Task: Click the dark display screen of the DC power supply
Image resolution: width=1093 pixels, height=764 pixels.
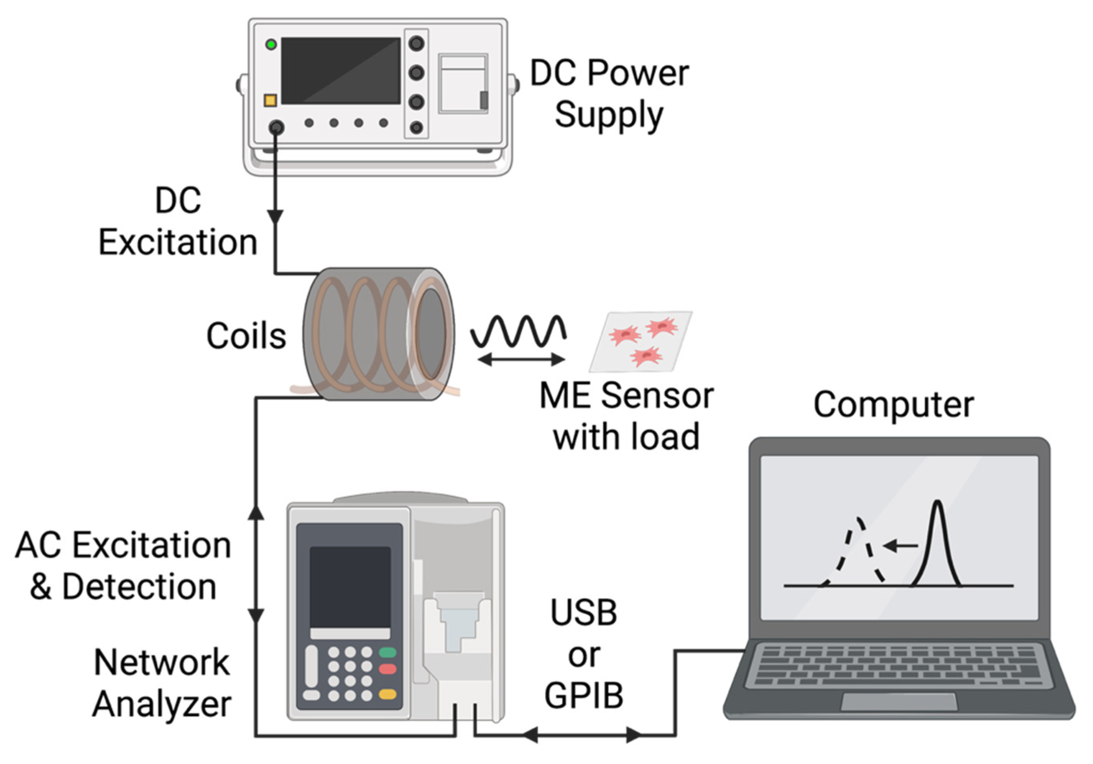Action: pos(340,71)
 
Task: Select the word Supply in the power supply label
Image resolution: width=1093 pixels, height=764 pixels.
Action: pos(608,116)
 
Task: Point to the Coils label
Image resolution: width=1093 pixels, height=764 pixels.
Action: pos(246,336)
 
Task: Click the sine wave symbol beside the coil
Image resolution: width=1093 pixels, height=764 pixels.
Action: pos(518,331)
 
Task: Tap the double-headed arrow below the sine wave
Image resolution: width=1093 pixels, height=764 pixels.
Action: pos(521,360)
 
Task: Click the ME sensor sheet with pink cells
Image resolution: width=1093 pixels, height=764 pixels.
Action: pos(640,341)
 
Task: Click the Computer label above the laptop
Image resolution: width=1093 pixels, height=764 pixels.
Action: pos(893,405)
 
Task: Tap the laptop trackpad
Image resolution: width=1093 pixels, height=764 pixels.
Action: pos(899,702)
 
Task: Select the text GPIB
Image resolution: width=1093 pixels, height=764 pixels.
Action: pos(584,696)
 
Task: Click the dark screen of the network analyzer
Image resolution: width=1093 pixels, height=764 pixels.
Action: pos(350,587)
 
